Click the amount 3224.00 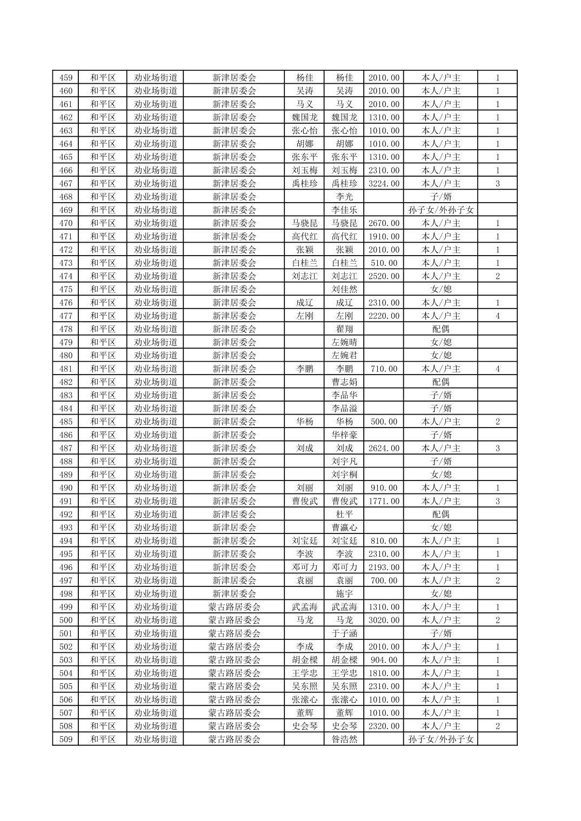click(384, 184)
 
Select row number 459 click(65, 78)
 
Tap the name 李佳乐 click(344, 210)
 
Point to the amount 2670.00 click(384, 223)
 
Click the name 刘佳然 click(344, 290)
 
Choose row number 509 click(65, 739)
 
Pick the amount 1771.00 click(384, 502)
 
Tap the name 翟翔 click(344, 329)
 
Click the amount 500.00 click(384, 422)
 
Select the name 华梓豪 click(344, 435)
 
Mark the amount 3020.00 click(384, 620)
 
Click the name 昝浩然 click(344, 739)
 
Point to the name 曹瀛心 click(344, 528)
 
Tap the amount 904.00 click(384, 660)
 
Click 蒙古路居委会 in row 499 click(234, 607)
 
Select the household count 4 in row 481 click(497, 369)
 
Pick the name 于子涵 click(344, 633)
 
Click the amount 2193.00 click(384, 568)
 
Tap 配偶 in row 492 click(440, 515)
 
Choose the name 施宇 click(344, 594)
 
